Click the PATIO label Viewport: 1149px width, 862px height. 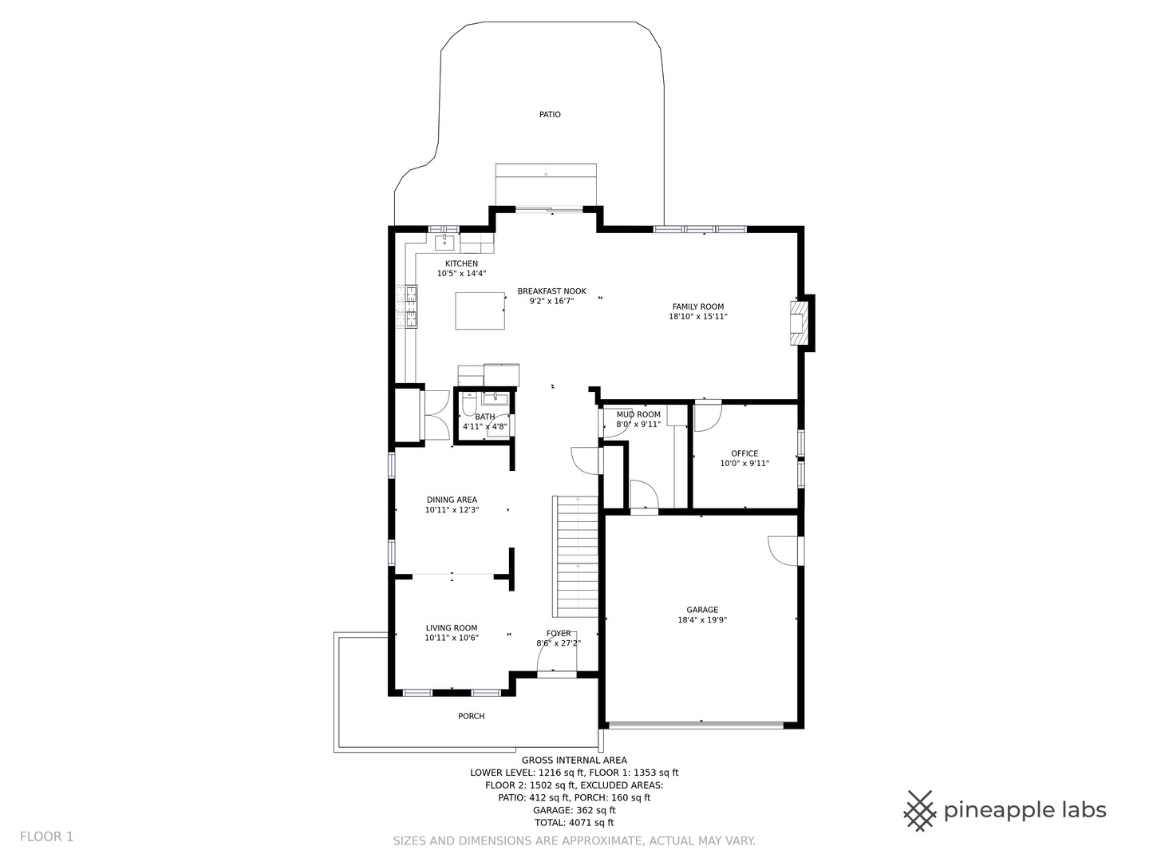pos(550,115)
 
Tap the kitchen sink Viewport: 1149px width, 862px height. pos(444,243)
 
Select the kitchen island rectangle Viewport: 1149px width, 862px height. pos(480,311)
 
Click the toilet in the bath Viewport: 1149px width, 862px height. pos(468,407)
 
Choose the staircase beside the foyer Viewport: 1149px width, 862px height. pos(575,556)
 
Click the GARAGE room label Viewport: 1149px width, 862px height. pos(702,610)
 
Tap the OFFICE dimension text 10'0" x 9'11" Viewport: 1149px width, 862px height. pos(744,463)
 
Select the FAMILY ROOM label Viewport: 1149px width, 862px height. pos(697,306)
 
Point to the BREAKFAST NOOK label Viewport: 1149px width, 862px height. pos(551,291)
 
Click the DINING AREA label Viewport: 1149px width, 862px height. pos(452,500)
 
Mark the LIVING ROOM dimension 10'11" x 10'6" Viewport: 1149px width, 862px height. pos(452,638)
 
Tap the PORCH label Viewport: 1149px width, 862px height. pos(471,716)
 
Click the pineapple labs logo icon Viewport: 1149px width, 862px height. pos(920,811)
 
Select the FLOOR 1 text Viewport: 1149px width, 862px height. pos(46,837)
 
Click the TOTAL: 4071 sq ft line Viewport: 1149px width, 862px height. pos(574,822)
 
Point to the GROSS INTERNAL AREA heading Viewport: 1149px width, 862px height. pos(574,761)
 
